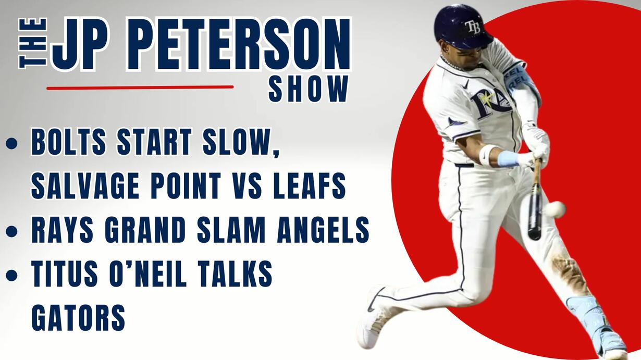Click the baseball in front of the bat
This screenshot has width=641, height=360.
(x=554, y=209)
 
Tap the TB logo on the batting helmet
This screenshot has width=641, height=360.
(x=473, y=27)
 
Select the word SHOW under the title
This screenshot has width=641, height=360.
(x=309, y=89)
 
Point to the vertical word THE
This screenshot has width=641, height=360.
(x=32, y=43)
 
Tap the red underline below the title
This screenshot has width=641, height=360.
(x=140, y=88)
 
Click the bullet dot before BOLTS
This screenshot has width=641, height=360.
(x=12, y=143)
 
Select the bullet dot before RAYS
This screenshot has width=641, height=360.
(x=12, y=231)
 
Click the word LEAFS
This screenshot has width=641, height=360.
(x=310, y=185)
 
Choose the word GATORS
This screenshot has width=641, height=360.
(x=78, y=317)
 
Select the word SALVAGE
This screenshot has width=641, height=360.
(x=85, y=185)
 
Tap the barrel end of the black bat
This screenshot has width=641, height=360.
(x=534, y=235)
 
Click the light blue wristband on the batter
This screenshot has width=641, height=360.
(x=508, y=159)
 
